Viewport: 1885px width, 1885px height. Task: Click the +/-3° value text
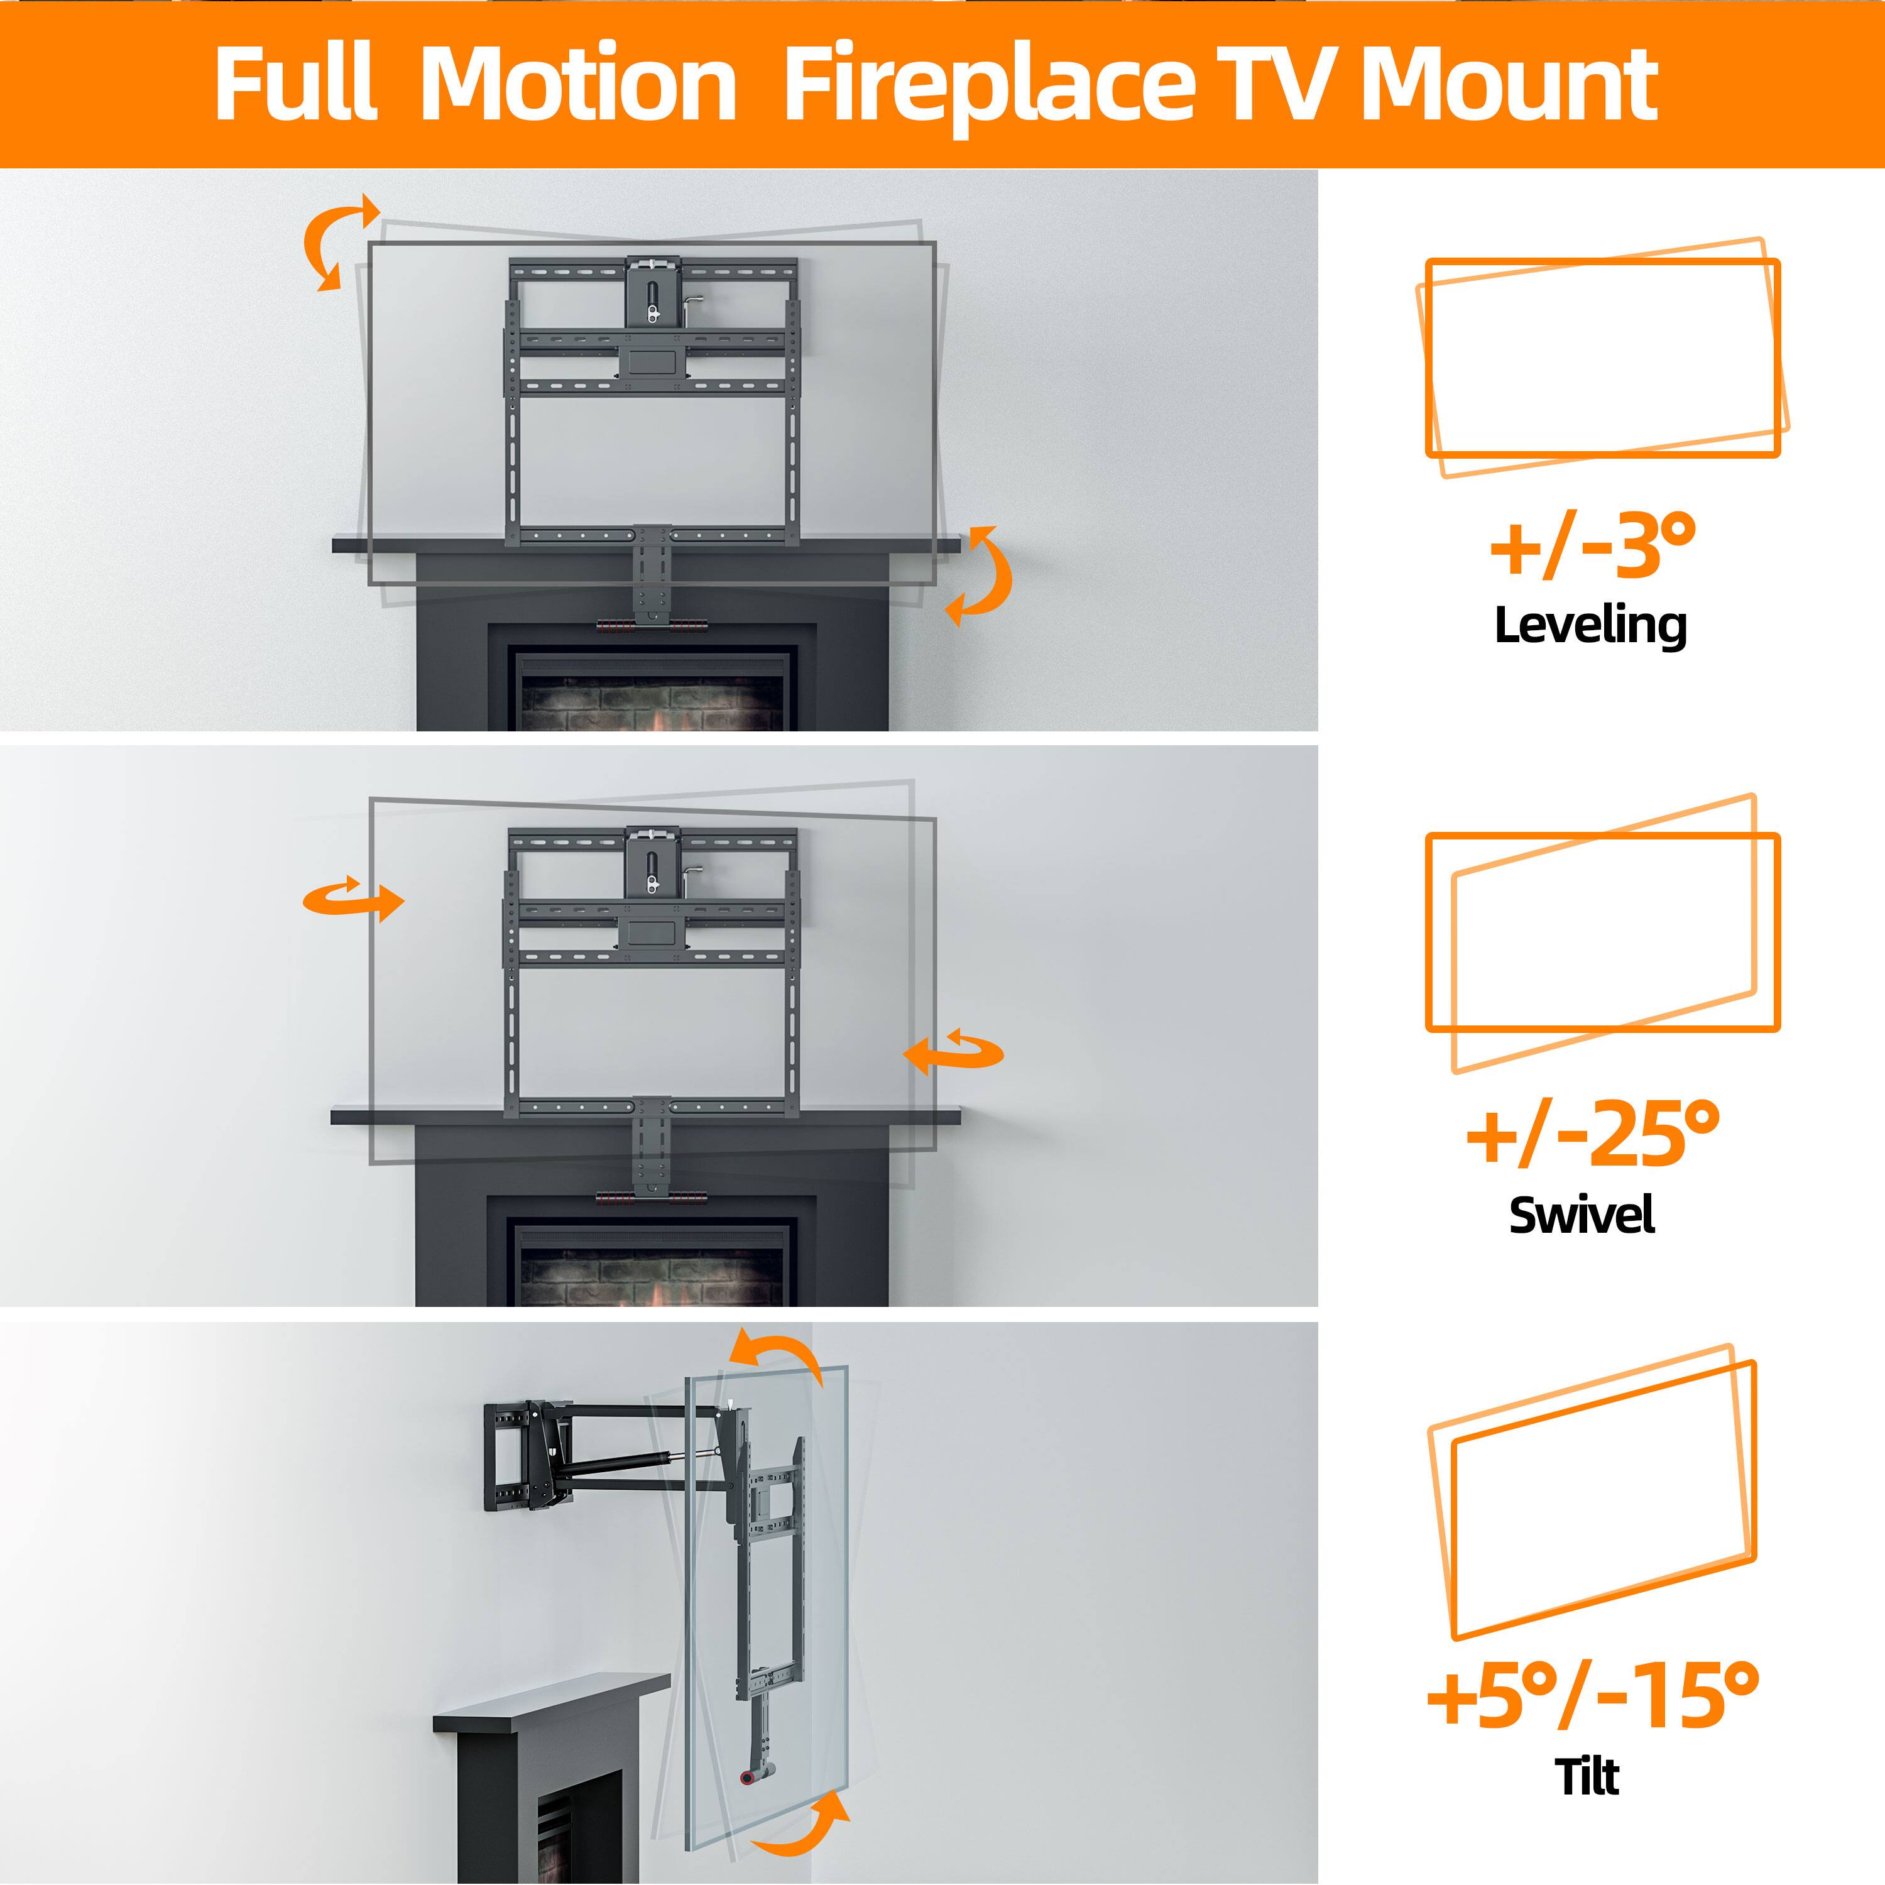(1592, 547)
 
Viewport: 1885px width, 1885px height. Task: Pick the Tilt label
(1587, 1776)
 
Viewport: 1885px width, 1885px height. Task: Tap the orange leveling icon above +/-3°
(1600, 357)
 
